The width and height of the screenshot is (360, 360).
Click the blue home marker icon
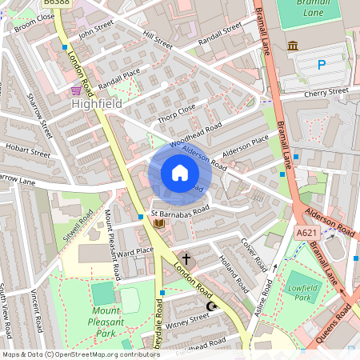point(180,173)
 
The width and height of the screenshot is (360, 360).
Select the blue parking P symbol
point(321,65)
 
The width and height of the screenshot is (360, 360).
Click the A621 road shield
point(306,232)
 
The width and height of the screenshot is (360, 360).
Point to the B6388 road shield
point(54,3)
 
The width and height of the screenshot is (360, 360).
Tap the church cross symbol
point(187,259)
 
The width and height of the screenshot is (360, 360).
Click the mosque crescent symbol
point(211,306)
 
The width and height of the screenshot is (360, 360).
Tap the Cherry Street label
point(326,93)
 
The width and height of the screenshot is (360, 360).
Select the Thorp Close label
point(176,111)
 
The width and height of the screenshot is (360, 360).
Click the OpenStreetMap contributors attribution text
point(80,354)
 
